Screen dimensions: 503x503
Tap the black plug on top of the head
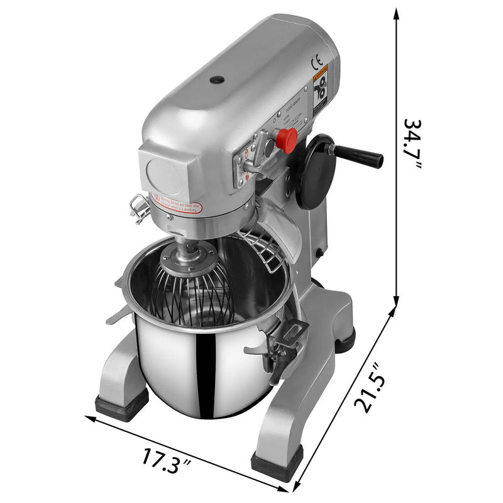pos(217,80)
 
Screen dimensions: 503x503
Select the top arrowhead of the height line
pos(397,13)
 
